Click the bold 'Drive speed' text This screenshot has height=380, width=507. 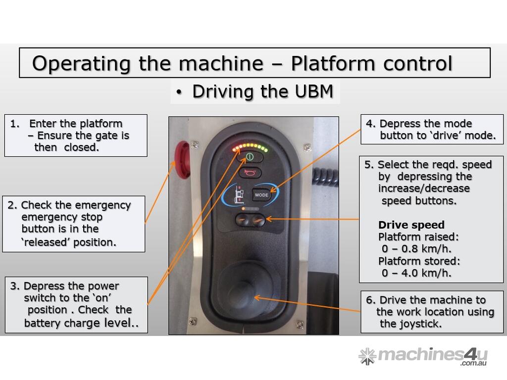pos(411,225)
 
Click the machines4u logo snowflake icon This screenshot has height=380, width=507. pos(367,356)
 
